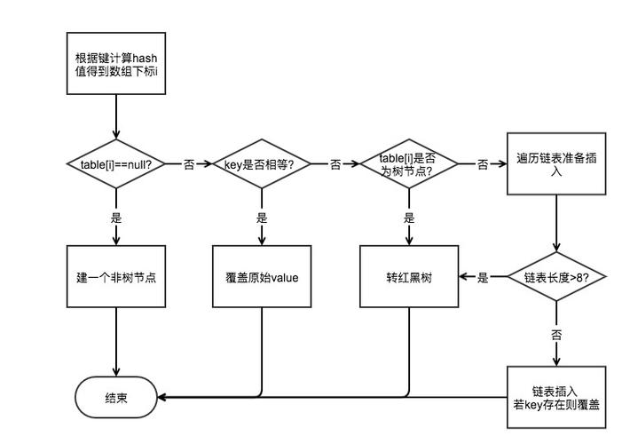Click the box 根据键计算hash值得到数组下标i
(116, 63)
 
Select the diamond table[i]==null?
(116, 164)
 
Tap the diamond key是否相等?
(262, 164)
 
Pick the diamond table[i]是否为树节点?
(408, 164)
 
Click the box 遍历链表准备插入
(556, 164)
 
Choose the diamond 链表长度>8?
(556, 278)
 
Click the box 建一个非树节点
(116, 278)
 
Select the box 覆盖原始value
(262, 278)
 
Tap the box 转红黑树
(408, 278)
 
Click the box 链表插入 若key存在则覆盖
(556, 397)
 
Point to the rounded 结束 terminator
(116, 397)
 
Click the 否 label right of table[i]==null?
(189, 164)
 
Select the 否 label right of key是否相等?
(335, 164)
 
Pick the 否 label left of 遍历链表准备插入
(483, 164)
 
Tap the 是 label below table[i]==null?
(116, 218)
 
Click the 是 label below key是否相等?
(262, 218)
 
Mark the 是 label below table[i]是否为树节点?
(408, 218)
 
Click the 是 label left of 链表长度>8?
(483, 278)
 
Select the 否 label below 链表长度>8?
(556, 336)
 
